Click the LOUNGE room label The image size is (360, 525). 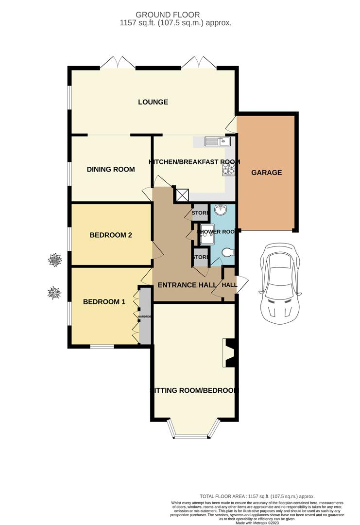point(153,102)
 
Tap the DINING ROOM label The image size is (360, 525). point(111,169)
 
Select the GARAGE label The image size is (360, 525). point(266,173)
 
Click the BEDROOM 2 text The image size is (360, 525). point(111,235)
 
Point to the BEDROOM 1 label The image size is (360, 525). point(104,301)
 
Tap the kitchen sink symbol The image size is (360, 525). point(217,141)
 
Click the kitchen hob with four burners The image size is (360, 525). point(229,168)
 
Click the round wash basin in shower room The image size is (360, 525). point(221,210)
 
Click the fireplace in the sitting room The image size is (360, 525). point(229,352)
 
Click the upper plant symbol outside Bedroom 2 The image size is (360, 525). point(55,260)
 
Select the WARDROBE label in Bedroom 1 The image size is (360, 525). point(145,316)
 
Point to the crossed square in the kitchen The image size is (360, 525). point(182,195)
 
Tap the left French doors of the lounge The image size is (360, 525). point(118,63)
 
